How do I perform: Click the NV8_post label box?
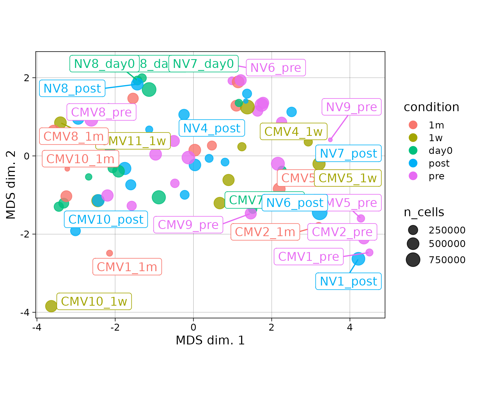[x=72, y=88]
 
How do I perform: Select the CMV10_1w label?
[x=94, y=301]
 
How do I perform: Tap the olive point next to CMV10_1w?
[x=51, y=306]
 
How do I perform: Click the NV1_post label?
[x=348, y=281]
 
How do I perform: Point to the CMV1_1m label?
[x=127, y=267]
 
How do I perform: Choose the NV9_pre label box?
[x=351, y=107]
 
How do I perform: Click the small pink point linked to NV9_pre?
[x=330, y=140]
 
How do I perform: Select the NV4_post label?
[x=212, y=128]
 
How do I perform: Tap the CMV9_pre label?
[x=188, y=225]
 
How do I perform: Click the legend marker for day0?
[x=413, y=150]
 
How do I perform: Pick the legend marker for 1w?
[x=413, y=138]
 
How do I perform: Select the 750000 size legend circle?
[x=413, y=259]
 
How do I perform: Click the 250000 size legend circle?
[x=413, y=230]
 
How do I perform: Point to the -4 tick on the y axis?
[x=27, y=313]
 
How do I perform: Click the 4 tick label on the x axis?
[x=350, y=328]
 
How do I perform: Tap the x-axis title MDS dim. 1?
[x=210, y=340]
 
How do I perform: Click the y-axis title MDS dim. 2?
[x=11, y=185]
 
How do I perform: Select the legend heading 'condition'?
[x=431, y=107]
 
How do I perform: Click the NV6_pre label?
[x=276, y=68]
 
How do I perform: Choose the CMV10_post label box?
[x=106, y=219]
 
